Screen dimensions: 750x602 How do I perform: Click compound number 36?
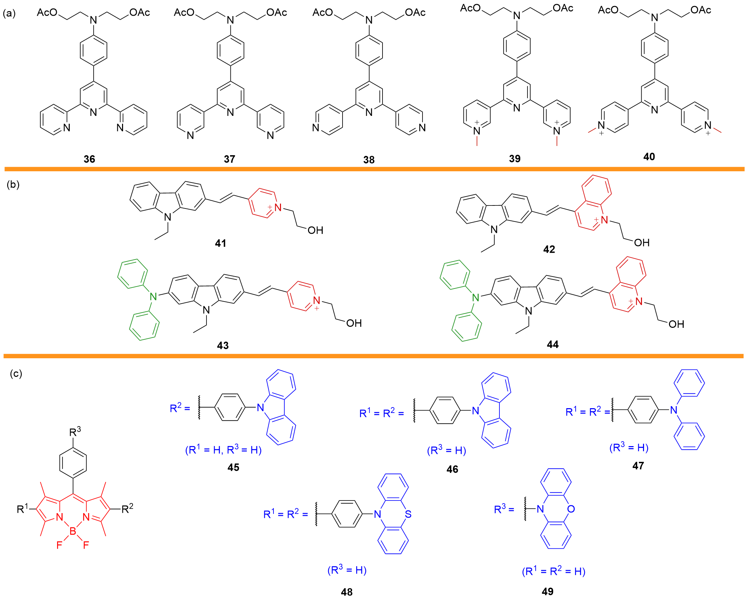click(90, 159)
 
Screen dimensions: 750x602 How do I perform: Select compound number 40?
click(649, 157)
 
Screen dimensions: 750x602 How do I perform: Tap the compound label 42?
click(549, 249)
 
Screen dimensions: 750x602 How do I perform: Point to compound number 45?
click(233, 467)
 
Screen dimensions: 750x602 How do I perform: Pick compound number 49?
click(548, 591)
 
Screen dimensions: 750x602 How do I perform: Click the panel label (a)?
click(9, 13)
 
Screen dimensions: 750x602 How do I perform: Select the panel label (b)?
click(13, 184)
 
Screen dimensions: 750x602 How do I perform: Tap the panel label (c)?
click(16, 373)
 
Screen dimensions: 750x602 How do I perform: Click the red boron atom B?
click(73, 531)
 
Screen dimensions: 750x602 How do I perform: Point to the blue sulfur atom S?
click(408, 514)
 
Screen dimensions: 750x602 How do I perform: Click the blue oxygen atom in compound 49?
click(571, 509)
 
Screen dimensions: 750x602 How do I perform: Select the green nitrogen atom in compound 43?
click(153, 296)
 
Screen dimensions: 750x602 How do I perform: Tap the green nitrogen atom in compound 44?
click(476, 297)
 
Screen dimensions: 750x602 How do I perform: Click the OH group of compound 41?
click(315, 230)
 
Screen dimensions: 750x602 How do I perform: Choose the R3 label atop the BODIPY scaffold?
click(75, 432)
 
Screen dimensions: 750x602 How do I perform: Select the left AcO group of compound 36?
click(47, 13)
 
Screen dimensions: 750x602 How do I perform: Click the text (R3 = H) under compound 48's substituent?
click(347, 570)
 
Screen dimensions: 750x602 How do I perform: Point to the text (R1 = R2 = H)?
click(553, 571)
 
